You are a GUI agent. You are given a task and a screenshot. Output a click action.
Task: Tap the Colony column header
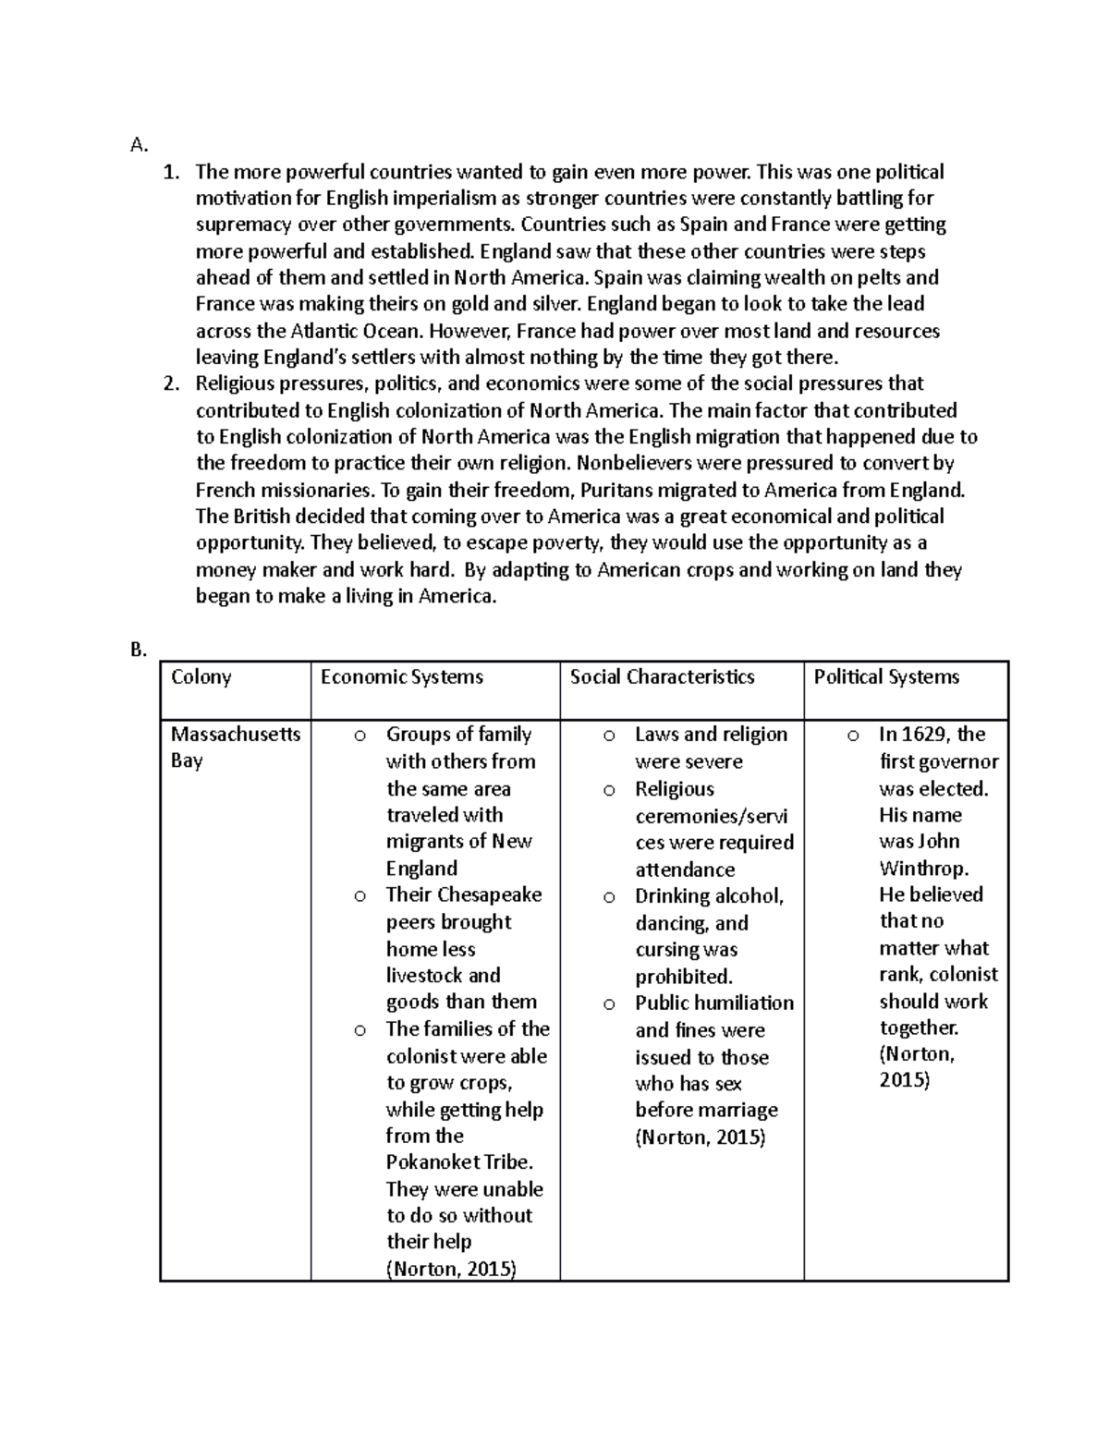pos(201,677)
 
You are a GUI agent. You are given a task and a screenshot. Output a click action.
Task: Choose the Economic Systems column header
pos(402,677)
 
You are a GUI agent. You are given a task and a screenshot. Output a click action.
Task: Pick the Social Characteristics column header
pos(662,677)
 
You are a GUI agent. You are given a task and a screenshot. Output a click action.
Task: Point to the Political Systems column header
pos(885,677)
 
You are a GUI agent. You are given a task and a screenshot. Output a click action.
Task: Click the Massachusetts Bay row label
pos(236,747)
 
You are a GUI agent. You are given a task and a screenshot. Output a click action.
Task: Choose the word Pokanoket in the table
pos(432,1162)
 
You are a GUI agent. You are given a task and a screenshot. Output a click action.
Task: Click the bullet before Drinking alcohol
pos(609,897)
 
